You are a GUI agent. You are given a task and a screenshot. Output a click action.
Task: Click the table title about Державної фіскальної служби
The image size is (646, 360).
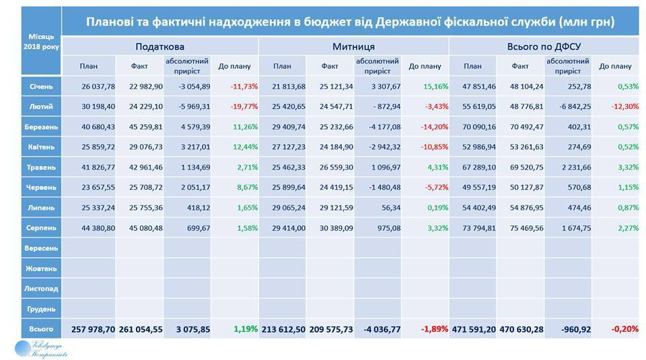click(350, 22)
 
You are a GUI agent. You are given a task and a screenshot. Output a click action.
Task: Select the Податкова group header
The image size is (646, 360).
click(159, 47)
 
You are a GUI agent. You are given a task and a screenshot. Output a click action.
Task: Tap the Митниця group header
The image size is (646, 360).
click(353, 47)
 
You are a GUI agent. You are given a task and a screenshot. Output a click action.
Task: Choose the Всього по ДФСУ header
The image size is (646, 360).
click(543, 47)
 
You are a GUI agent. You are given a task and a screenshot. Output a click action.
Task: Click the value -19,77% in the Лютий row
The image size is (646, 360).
click(235, 106)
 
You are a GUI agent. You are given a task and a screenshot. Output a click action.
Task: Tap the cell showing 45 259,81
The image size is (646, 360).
click(141, 127)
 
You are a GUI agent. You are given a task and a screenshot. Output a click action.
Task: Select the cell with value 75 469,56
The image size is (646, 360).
click(521, 227)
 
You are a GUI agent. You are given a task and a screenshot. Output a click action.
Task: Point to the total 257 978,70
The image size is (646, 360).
click(93, 329)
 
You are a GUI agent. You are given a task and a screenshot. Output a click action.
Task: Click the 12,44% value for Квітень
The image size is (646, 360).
click(236, 147)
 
